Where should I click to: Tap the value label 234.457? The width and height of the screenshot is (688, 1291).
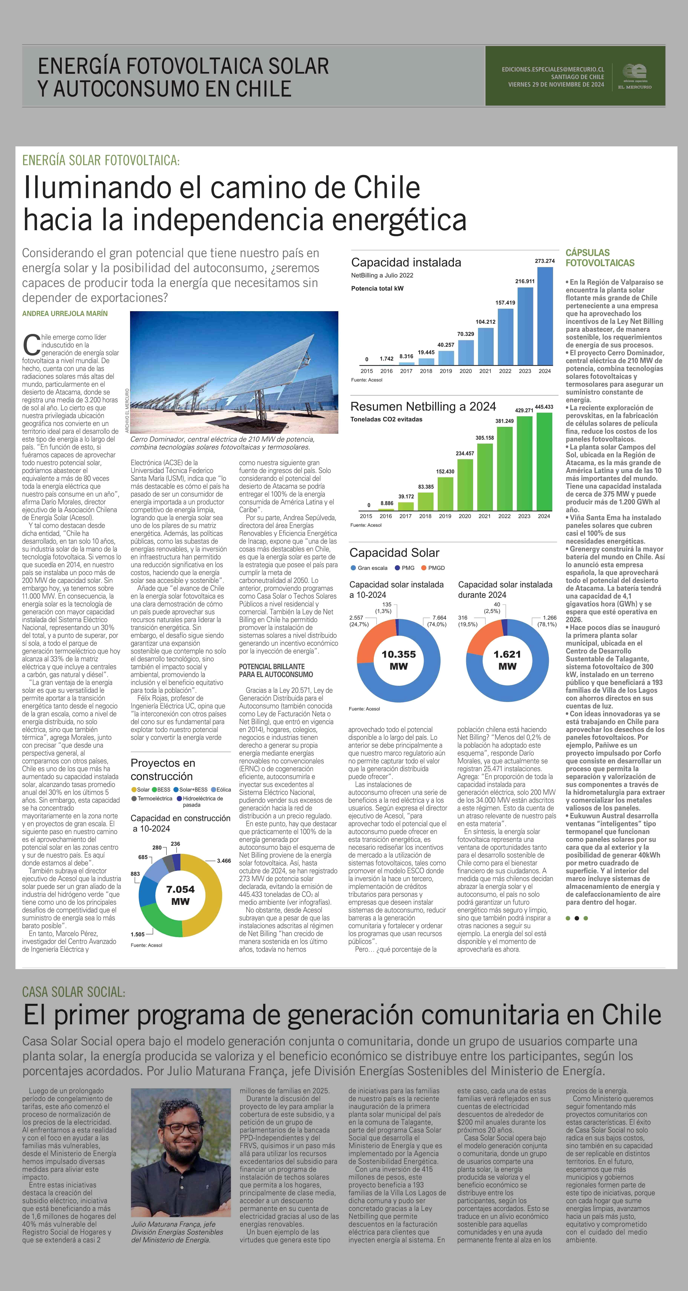click(x=465, y=453)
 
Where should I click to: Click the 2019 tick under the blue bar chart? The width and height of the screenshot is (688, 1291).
click(x=446, y=371)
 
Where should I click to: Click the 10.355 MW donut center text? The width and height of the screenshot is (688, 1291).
click(x=399, y=660)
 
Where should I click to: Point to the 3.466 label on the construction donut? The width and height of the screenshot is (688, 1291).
click(x=224, y=860)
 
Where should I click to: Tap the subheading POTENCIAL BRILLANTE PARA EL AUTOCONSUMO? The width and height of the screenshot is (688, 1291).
click(x=276, y=671)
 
